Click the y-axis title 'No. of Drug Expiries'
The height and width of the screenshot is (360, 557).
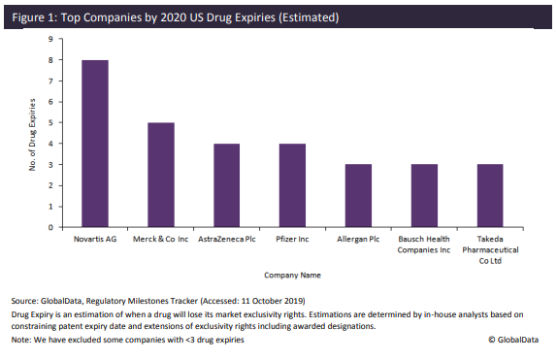[33, 134]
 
